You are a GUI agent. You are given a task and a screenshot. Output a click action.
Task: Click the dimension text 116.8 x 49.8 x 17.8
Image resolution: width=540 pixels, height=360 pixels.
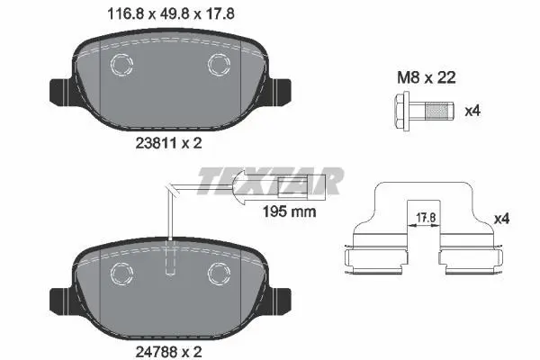(x=171, y=14)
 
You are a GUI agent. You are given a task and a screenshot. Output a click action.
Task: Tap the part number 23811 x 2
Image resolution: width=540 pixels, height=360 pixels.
(x=169, y=143)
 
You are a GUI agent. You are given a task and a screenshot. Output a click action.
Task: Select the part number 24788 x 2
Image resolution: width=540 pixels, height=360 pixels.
(x=169, y=352)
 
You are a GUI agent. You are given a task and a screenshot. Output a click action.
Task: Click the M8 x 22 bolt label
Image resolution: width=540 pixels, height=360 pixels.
(x=427, y=77)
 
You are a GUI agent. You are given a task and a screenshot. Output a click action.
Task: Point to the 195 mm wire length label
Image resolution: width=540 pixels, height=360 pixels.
(x=289, y=211)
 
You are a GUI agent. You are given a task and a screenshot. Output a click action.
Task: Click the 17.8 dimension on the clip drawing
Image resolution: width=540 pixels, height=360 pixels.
(x=426, y=218)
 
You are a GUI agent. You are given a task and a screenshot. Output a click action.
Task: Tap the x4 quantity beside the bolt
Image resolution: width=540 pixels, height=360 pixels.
(x=472, y=112)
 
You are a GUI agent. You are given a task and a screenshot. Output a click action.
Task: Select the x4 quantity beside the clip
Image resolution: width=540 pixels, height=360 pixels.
(x=502, y=219)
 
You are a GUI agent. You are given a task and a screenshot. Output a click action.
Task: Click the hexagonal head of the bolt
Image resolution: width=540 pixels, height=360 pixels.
(x=401, y=112)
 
